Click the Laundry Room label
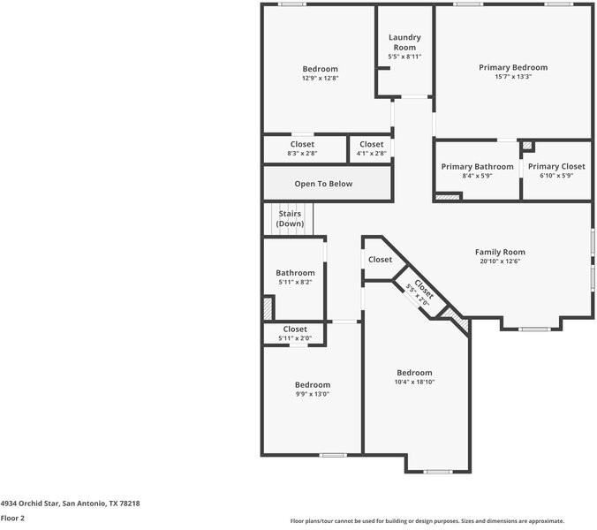[x=404, y=42]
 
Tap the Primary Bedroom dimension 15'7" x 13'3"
[x=513, y=77]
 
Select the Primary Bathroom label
[x=477, y=166]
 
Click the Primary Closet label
[x=556, y=166]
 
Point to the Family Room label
[x=500, y=252]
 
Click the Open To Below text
[x=323, y=184]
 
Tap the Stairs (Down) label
[x=290, y=219]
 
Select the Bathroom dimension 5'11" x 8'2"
[x=296, y=283]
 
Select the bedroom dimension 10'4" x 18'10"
[x=414, y=382]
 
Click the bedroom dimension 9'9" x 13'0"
[x=312, y=394]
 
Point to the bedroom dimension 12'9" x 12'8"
[x=320, y=79]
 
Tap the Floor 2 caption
[x=12, y=519]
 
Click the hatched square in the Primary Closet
[x=527, y=146]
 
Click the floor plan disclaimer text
[x=427, y=521]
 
